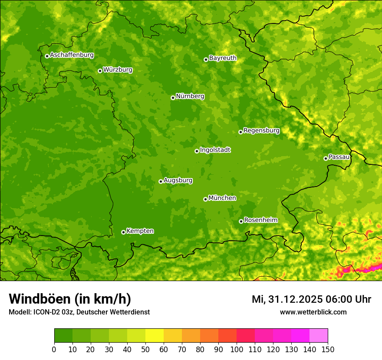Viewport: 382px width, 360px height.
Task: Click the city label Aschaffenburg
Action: coord(72,55)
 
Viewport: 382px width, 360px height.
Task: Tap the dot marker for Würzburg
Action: coord(100,71)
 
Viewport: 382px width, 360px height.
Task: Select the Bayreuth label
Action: coord(223,58)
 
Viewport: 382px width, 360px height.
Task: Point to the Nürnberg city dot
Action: coord(173,98)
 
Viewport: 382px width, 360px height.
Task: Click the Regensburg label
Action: coord(261,131)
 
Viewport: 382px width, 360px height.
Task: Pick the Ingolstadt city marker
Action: coord(197,151)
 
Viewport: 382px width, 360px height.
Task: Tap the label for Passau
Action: coord(339,157)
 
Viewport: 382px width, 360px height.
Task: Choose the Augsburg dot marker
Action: coord(161,181)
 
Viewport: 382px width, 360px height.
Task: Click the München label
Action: coord(222,198)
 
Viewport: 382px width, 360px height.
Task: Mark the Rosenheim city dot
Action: coord(241,221)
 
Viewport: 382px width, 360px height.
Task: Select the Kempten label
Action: coord(140,231)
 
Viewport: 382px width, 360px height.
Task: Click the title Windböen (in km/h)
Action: coord(69,299)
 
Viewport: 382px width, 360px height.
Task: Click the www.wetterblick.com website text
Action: coord(313,312)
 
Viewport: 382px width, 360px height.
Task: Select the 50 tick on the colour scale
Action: coord(145,349)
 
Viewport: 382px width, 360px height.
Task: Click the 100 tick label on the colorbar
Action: coord(237,349)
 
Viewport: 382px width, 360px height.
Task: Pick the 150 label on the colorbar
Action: coord(328,349)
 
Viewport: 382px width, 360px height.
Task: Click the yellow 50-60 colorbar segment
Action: coord(155,335)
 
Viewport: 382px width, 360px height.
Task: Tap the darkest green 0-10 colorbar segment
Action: coord(63,335)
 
